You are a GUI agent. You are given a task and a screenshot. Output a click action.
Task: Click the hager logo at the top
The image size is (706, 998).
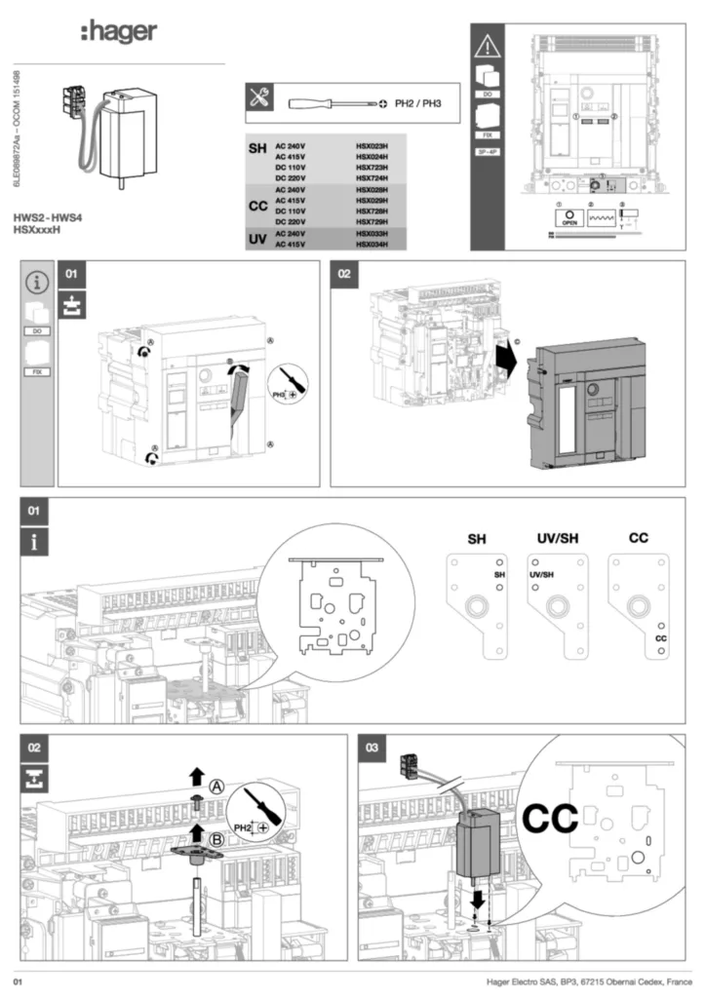(x=118, y=32)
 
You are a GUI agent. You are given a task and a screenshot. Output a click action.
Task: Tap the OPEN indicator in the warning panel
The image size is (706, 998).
(x=570, y=217)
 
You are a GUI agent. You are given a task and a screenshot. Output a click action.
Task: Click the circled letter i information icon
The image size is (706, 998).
(x=37, y=283)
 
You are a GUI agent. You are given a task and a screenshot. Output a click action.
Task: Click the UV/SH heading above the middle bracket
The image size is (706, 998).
(x=557, y=538)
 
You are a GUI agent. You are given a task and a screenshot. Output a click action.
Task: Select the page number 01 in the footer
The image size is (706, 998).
(x=18, y=978)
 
